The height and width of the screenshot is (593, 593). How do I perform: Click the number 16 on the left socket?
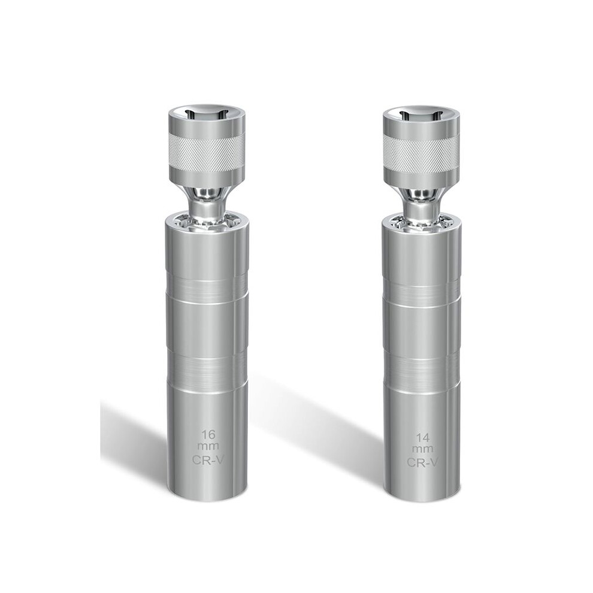[208, 434]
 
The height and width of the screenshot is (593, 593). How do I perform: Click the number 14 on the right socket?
[422, 438]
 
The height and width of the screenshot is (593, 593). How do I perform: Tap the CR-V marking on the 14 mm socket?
[422, 462]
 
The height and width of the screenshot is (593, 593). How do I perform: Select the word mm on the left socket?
[208, 446]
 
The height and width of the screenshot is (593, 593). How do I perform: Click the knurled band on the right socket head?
[421, 150]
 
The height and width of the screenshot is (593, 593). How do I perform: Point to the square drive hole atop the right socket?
[421, 114]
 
